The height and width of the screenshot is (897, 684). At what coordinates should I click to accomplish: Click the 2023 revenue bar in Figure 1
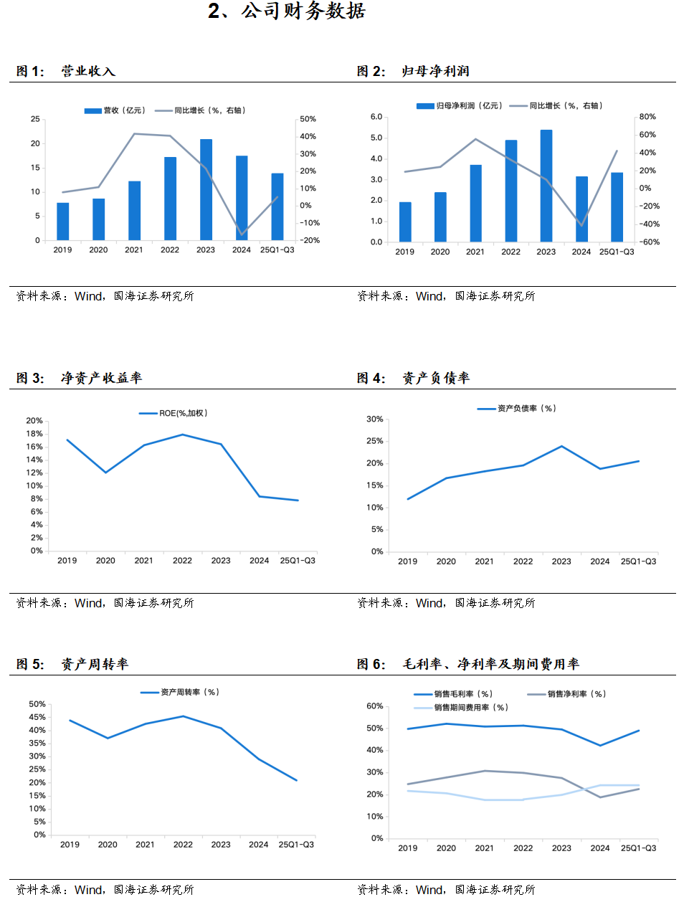click(206, 190)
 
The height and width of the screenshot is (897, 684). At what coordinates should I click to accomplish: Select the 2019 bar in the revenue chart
click(63, 222)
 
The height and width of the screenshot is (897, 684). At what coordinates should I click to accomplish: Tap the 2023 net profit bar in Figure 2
click(546, 186)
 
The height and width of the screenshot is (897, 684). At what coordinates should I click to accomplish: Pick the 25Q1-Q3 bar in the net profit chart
click(617, 207)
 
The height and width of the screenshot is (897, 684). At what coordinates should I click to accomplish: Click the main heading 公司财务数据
click(287, 11)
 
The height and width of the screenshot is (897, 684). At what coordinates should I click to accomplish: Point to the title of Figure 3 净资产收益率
click(101, 378)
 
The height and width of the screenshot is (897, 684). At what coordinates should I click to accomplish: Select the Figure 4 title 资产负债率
click(436, 378)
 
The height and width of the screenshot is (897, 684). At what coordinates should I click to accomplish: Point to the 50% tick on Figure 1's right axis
click(308, 119)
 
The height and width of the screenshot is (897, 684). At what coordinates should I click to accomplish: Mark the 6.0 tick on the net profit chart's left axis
click(376, 116)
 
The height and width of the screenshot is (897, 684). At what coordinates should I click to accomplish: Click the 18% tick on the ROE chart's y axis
click(34, 434)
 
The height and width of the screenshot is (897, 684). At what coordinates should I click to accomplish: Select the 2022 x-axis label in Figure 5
click(183, 845)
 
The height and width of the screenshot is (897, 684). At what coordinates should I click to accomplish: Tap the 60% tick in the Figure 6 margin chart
click(375, 706)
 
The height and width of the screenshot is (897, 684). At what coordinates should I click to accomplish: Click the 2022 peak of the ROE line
click(183, 435)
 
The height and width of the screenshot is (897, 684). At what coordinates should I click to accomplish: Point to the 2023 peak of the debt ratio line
click(561, 447)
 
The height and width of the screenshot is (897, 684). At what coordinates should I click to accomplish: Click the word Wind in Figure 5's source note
click(89, 890)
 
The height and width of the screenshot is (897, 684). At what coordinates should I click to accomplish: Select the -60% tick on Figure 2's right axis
click(650, 242)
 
